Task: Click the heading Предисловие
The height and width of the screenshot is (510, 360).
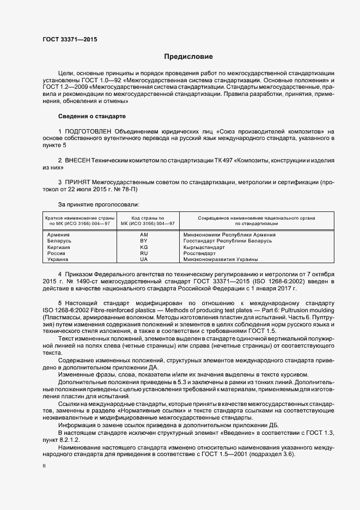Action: point(188,57)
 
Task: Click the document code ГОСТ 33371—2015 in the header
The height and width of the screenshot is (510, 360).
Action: point(67,39)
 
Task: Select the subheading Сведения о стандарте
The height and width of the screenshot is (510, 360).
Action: point(91,117)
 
